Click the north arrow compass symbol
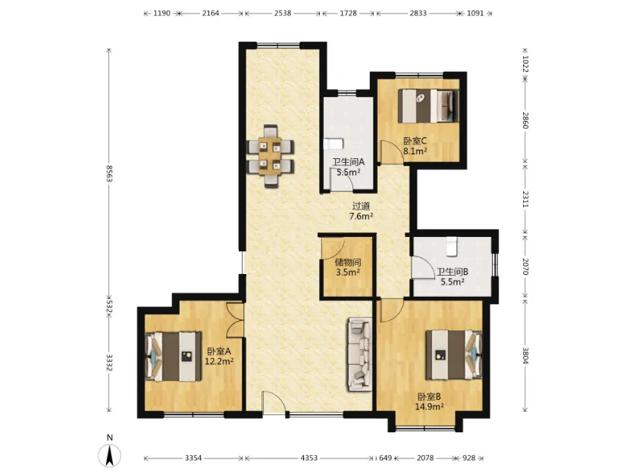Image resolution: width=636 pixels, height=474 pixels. [x=109, y=455]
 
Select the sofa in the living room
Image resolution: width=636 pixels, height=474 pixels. [x=359, y=355]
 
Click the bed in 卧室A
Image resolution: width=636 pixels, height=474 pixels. [x=174, y=357]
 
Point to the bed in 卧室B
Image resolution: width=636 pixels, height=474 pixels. [x=453, y=354]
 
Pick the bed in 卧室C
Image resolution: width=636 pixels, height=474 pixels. [x=428, y=105]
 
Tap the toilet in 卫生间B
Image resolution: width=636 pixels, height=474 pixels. [x=452, y=247]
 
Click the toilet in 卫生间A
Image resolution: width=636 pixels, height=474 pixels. [x=334, y=144]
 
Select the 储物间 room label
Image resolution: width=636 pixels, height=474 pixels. [x=348, y=263]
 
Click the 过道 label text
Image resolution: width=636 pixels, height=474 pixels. [x=361, y=206]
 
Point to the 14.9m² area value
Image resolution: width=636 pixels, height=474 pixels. [x=429, y=407]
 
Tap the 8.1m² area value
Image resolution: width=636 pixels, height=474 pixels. [x=415, y=151]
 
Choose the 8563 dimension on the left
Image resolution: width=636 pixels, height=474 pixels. [x=109, y=173]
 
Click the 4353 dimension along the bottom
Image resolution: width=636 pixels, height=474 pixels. [x=309, y=458]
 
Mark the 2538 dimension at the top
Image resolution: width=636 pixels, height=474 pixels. [x=283, y=13]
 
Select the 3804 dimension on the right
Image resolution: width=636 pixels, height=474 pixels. [x=525, y=355]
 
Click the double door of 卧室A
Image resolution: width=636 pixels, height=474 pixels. [x=235, y=320]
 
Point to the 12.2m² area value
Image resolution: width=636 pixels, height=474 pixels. [x=219, y=361]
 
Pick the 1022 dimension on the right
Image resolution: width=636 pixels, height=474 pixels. [x=525, y=64]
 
